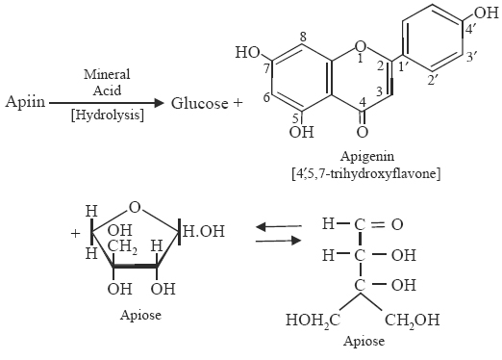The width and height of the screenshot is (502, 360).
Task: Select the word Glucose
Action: pyautogui.click(x=197, y=102)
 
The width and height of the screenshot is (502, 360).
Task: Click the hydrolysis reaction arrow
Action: pyautogui.click(x=107, y=102)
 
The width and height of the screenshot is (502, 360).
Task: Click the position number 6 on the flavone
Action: pyautogui.click(x=264, y=97)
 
